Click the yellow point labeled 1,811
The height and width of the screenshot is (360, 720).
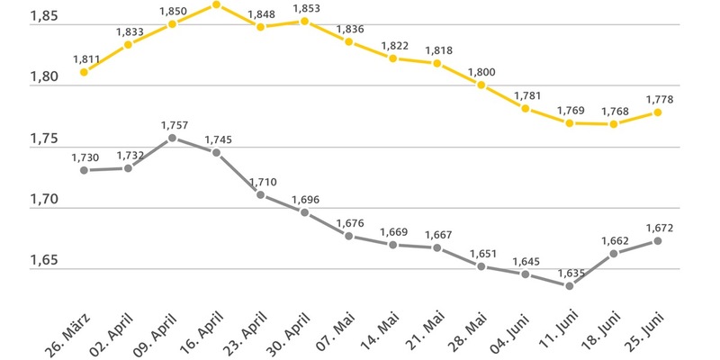coord(84,72)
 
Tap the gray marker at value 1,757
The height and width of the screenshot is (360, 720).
coord(172,139)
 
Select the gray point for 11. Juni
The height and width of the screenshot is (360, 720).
coord(570,286)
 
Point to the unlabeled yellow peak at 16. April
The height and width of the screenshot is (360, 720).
coord(216,4)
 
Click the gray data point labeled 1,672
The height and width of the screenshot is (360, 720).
coord(658,241)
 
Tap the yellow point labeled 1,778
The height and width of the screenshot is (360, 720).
coord(658,112)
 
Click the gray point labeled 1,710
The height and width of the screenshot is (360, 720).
coord(260,194)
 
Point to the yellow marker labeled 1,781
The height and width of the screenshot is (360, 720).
coord(526,109)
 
